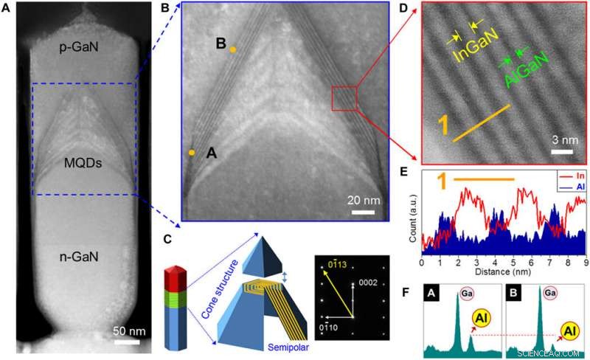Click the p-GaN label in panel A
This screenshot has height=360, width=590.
[80, 46]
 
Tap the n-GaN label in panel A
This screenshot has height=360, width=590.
[80, 257]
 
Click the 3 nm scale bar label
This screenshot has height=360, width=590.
[562, 141]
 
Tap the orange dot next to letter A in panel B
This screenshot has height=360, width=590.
[192, 153]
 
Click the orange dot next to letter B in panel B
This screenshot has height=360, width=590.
[233, 49]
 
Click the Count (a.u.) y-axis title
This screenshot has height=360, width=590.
[412, 217]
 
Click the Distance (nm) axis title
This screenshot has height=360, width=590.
[504, 271]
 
